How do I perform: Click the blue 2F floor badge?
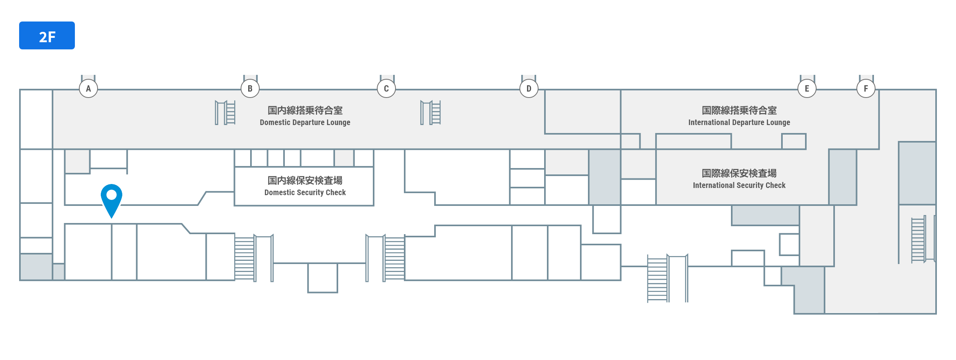click(47, 35)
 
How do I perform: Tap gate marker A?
click(88, 88)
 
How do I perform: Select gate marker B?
click(250, 88)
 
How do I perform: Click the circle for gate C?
click(386, 88)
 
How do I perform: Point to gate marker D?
click(529, 88)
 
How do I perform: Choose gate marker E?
click(807, 88)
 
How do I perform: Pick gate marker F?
click(866, 88)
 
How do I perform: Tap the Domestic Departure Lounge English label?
click(305, 122)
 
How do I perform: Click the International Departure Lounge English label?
click(739, 122)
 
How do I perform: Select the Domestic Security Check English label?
click(305, 192)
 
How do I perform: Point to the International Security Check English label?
click(739, 185)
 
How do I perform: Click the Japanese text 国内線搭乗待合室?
click(305, 110)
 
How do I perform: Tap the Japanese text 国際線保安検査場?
click(739, 173)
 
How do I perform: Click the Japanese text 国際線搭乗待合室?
click(739, 110)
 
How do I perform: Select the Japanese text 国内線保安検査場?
click(305, 180)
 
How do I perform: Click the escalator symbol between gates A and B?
click(225, 113)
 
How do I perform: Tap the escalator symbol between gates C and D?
click(431, 113)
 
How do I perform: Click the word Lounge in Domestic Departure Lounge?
click(338, 122)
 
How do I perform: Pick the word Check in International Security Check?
click(775, 185)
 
